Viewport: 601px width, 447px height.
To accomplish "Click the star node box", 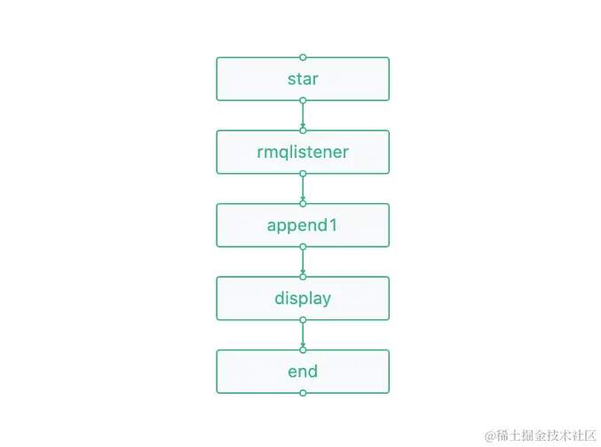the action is (303, 79).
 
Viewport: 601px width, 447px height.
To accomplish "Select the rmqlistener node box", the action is (303, 152).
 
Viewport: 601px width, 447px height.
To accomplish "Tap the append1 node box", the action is (303, 225).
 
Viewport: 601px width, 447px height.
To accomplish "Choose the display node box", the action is (303, 298).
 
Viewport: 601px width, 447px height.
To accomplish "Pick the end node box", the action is (303, 372).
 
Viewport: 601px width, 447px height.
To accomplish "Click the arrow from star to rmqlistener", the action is (303, 115).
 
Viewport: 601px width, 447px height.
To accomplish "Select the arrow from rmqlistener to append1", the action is (303, 188).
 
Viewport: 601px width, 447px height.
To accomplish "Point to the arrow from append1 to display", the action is (303, 262).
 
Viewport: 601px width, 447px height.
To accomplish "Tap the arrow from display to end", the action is (303, 334).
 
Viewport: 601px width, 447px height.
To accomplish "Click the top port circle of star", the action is (303, 57).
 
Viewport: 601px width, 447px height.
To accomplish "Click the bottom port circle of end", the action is (303, 393).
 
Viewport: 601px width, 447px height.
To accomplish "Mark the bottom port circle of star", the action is (303, 100).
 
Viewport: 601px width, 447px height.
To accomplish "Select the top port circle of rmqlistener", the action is (303, 130).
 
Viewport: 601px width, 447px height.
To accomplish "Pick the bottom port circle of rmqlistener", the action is (303, 174).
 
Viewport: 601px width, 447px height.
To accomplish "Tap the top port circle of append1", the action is (303, 203).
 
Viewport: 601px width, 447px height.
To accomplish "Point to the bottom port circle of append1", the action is (303, 247).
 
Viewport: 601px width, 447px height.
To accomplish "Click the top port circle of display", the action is (303, 277).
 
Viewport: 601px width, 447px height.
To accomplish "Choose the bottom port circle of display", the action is (303, 320).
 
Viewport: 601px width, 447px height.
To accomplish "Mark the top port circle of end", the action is (303, 349).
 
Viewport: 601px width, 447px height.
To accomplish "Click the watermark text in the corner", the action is (539, 435).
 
